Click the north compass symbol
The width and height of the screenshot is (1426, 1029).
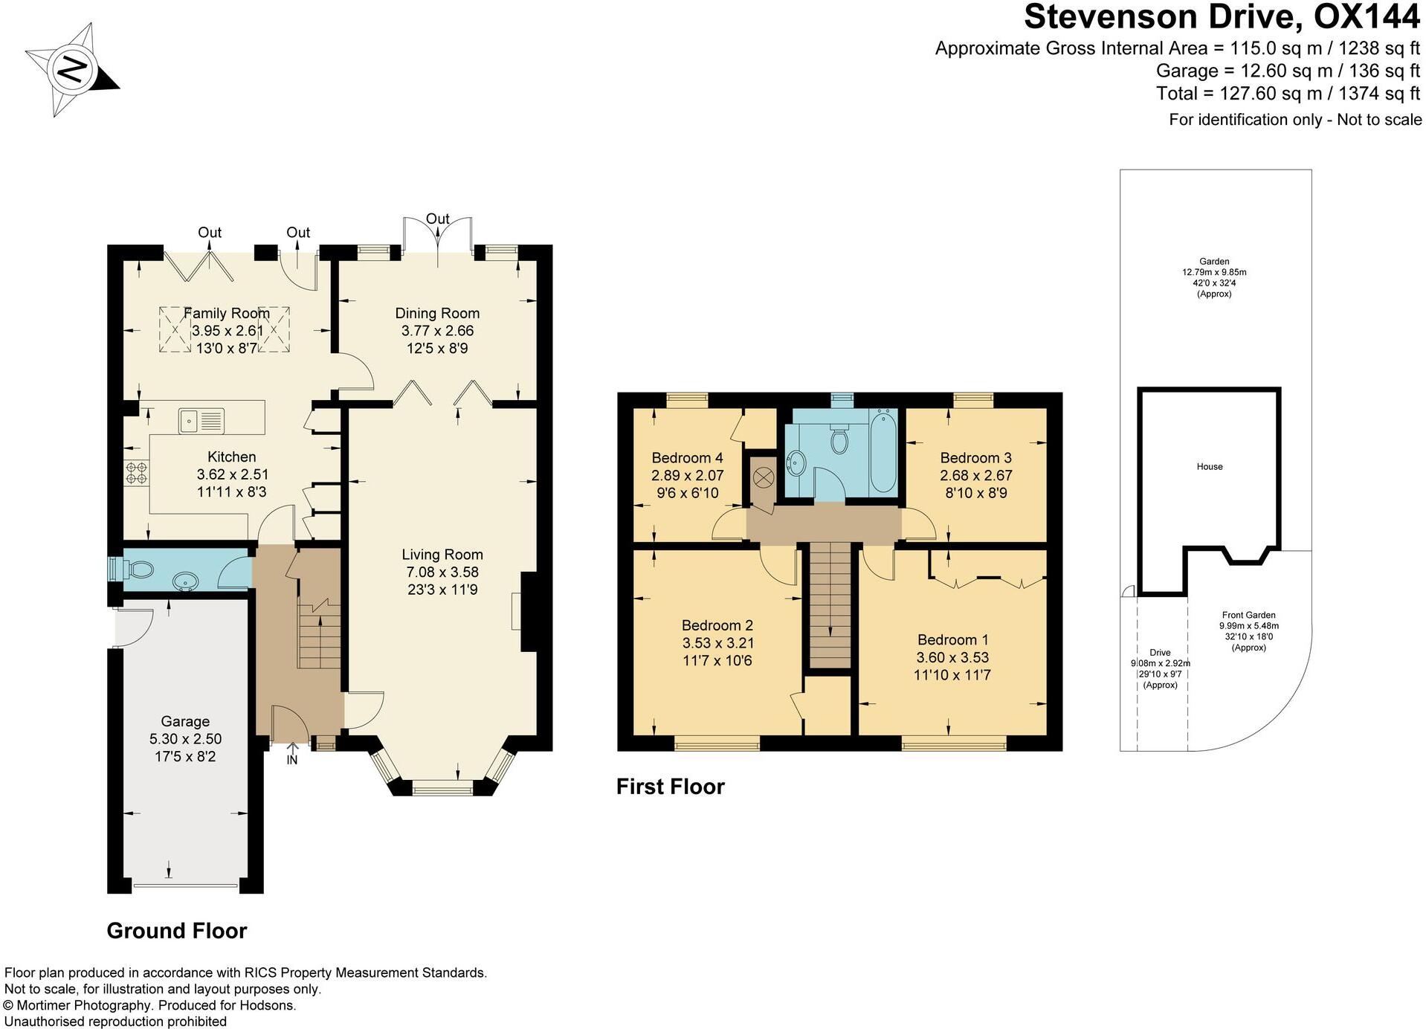pyautogui.click(x=72, y=70)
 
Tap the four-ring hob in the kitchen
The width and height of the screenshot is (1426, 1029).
pyautogui.click(x=137, y=473)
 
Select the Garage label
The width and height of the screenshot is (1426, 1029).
pyautogui.click(x=185, y=721)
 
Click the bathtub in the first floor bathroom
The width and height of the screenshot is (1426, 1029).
pyautogui.click(x=883, y=451)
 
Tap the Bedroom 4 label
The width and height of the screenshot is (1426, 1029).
pyautogui.click(x=687, y=458)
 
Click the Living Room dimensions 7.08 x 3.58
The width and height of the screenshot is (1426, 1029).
pyautogui.click(x=442, y=572)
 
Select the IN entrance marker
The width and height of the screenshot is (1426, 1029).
pyautogui.click(x=292, y=760)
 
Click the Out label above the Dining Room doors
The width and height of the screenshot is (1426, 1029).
pyautogui.click(x=437, y=219)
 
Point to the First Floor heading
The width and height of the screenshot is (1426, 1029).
pyautogui.click(x=670, y=787)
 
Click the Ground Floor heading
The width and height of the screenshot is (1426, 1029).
pyautogui.click(x=177, y=931)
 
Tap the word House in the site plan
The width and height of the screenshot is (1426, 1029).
pyautogui.click(x=1210, y=467)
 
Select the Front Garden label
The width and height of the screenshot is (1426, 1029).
pyautogui.click(x=1248, y=615)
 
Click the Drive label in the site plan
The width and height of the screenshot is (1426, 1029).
pyautogui.click(x=1160, y=652)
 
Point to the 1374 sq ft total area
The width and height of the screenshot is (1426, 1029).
pyautogui.click(x=1379, y=94)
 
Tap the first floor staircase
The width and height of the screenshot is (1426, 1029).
pyautogui.click(x=830, y=606)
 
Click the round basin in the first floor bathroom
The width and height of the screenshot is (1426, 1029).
pyautogui.click(x=796, y=464)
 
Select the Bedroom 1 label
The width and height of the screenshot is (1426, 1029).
pyautogui.click(x=952, y=639)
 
